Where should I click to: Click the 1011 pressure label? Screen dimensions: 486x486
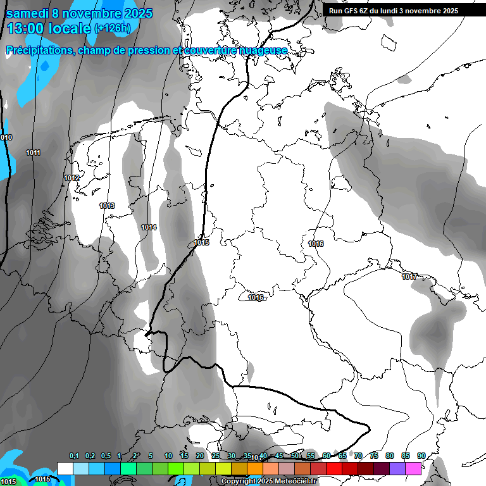pyautogui.click(x=34, y=153)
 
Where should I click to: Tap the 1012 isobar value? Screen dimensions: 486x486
pyautogui.click(x=72, y=178)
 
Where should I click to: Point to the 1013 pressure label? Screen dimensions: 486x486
pyautogui.click(x=107, y=206)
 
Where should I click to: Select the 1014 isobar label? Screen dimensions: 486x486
pyautogui.click(x=149, y=227)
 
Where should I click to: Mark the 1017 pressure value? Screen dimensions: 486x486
pyautogui.click(x=409, y=277)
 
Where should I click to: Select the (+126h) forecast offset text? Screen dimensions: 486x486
pyautogui.click(x=112, y=28)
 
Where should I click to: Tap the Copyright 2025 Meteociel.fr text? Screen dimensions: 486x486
pyautogui.click(x=269, y=481)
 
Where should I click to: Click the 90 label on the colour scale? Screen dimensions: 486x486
pyautogui.click(x=421, y=456)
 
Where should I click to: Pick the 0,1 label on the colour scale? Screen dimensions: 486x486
pyautogui.click(x=74, y=456)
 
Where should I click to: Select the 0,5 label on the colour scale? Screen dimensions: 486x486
pyautogui.click(x=105, y=456)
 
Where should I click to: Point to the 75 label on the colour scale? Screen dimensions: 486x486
pyautogui.click(x=374, y=456)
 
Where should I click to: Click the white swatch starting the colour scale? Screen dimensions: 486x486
pyautogui.click(x=65, y=468)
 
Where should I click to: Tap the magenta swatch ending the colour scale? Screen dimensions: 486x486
pyautogui.click(x=413, y=468)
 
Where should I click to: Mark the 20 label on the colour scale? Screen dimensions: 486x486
pyautogui.click(x=200, y=456)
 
